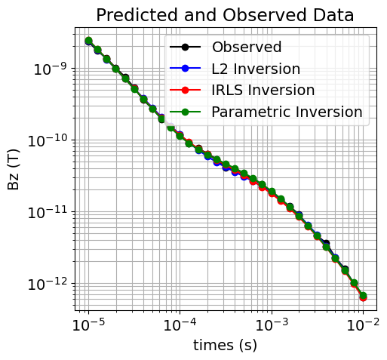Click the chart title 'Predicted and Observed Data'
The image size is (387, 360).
click(224, 15)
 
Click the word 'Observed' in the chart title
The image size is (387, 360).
click(263, 15)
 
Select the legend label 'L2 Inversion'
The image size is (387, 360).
click(256, 69)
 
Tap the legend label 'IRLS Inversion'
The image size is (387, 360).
click(263, 91)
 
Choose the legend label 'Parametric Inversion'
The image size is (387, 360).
click(287, 112)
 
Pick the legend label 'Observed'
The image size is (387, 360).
click(247, 47)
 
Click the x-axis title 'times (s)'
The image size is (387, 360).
click(225, 346)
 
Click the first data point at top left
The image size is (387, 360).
click(88, 41)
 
